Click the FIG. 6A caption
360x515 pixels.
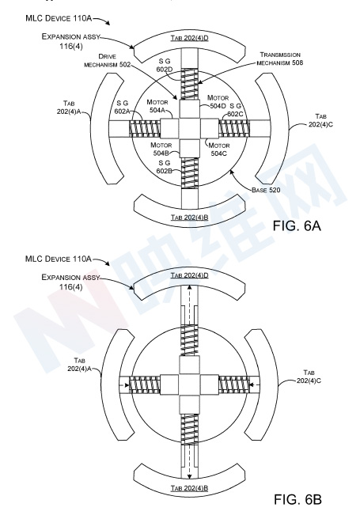pyautogui.click(x=297, y=225)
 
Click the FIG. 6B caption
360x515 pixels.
pyautogui.click(x=297, y=499)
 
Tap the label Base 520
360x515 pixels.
pyautogui.click(x=266, y=190)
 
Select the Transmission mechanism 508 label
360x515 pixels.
pyautogui.click(x=280, y=59)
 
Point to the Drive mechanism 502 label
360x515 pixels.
pyautogui.click(x=107, y=60)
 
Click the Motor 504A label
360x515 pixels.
pyautogui.click(x=157, y=106)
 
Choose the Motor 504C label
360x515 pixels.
pyautogui.click(x=219, y=149)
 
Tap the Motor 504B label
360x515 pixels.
pyautogui.click(x=161, y=149)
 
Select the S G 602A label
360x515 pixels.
pyautogui.click(x=122, y=108)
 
